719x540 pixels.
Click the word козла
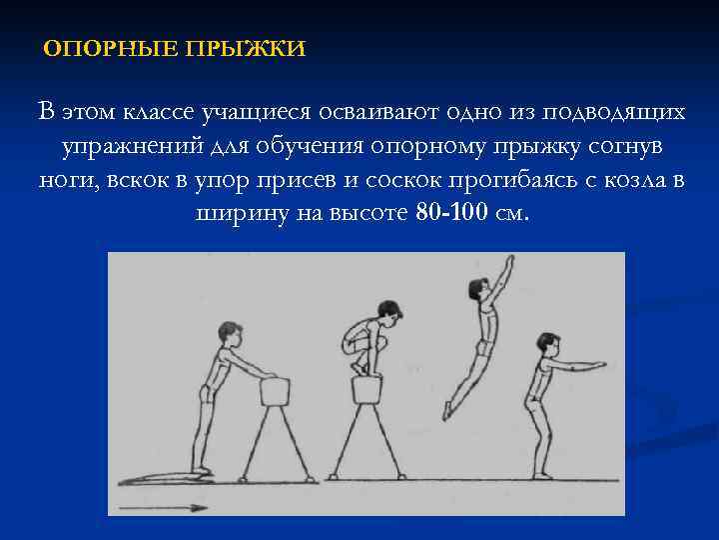tap(634, 181)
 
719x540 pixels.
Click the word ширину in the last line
tap(235, 215)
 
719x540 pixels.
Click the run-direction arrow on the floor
tap(165, 507)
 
